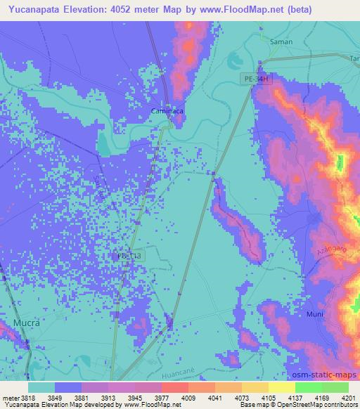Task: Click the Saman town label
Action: click(281, 42)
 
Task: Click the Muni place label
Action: click(314, 314)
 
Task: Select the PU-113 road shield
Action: click(129, 257)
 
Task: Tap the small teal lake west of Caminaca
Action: click(103, 144)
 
